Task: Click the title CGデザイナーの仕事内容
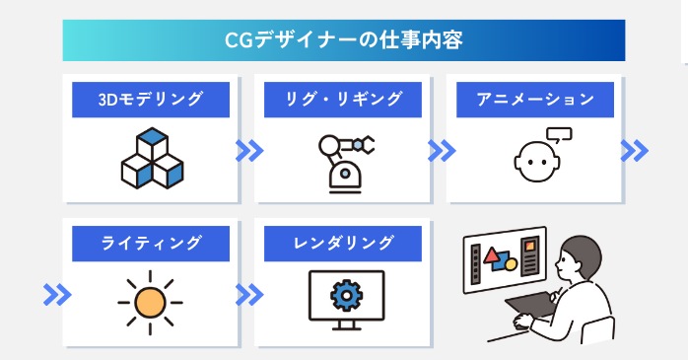(343, 40)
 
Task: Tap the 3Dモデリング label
(151, 99)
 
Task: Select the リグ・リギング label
(343, 99)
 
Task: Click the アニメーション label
(535, 99)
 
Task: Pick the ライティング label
(151, 243)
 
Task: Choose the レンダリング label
(343, 243)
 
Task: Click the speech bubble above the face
(560, 135)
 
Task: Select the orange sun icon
(151, 299)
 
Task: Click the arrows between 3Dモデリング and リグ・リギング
(250, 151)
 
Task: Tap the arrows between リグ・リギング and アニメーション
(442, 151)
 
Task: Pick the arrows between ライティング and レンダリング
(250, 294)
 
